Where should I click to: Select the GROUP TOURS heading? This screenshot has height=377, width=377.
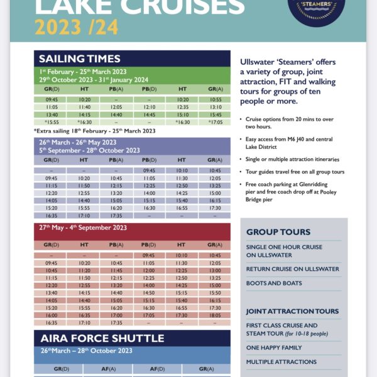click(278, 232)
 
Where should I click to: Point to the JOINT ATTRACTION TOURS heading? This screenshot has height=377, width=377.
click(292, 311)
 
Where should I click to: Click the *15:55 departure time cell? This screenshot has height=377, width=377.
click(52, 123)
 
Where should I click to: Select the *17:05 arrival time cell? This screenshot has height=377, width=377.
click(215, 123)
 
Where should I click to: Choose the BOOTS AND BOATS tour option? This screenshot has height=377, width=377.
click(274, 283)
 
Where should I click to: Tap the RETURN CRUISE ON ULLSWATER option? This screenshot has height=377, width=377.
click(292, 269)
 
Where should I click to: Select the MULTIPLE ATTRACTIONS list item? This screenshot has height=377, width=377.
click(281, 362)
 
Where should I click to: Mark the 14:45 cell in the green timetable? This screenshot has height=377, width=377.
click(149, 115)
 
